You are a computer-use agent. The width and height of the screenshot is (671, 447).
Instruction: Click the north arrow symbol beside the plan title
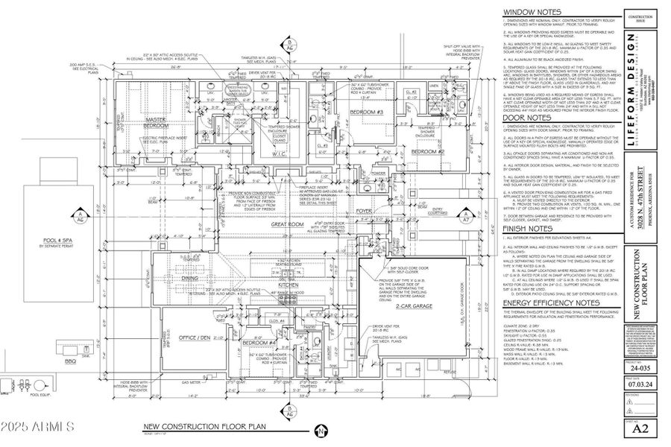[319, 431]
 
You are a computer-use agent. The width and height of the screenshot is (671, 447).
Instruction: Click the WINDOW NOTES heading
[533, 13]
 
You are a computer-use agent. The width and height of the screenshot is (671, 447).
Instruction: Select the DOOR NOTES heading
[526, 118]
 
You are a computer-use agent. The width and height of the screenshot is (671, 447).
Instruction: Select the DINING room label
[191, 277]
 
